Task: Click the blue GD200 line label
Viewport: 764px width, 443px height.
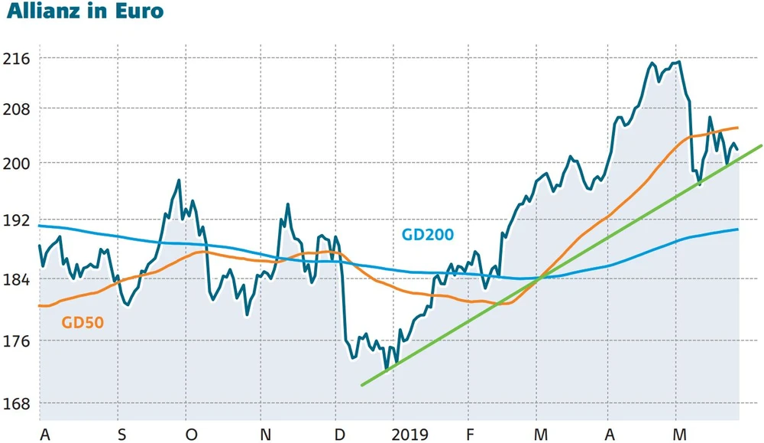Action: click(428, 235)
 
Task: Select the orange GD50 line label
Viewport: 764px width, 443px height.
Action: click(83, 323)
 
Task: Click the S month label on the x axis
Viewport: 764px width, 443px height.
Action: click(121, 435)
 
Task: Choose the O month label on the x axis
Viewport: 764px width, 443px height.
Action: click(191, 435)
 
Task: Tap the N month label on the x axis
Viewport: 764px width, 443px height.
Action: click(265, 435)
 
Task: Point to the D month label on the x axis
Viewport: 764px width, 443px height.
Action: click(339, 435)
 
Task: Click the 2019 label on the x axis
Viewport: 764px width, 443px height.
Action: click(412, 435)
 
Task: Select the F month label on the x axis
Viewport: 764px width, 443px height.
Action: click(471, 435)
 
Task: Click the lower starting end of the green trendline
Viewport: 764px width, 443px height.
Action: click(361, 385)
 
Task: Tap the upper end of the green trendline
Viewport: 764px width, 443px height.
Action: click(762, 145)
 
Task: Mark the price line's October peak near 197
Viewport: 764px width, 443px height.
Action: click(179, 181)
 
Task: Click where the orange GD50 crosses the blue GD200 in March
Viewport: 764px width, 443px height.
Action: click(539, 278)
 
